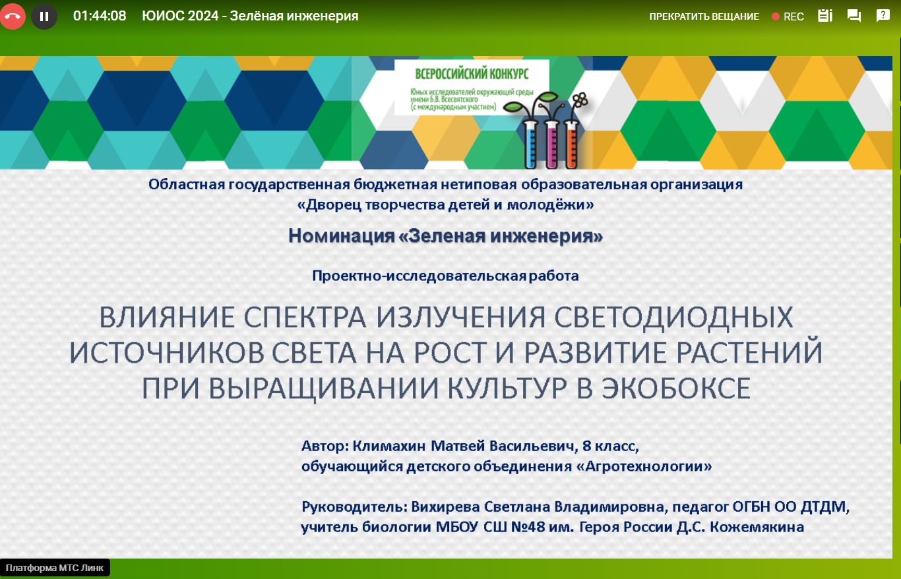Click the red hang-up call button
pos(12,16)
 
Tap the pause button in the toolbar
pos(44,16)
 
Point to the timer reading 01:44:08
pos(100,16)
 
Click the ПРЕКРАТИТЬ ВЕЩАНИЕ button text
pos(704,16)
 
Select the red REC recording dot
pos(776,16)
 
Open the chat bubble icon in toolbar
pos(854,16)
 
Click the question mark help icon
pos(883,16)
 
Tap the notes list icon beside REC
pos(824,16)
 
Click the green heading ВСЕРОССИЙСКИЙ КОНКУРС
pos(472,74)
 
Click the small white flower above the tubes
pos(580,100)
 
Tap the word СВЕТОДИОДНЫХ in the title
pos(673,317)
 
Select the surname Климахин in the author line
pos(388,446)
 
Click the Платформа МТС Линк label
pos(55,568)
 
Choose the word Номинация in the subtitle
pos(342,235)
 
